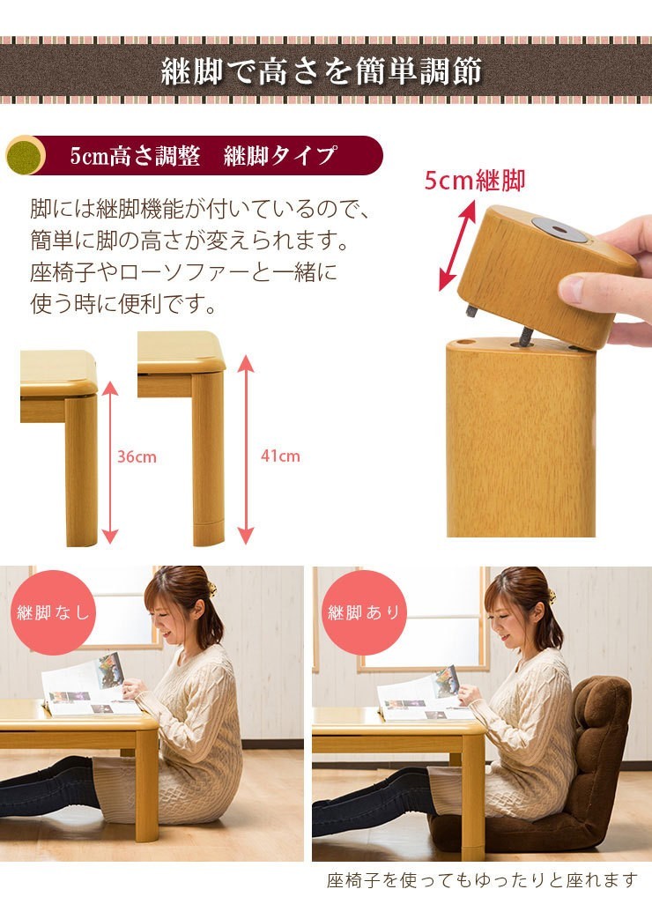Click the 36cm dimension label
pos(137,456)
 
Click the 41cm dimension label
pos(280,456)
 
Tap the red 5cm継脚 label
pos(474,181)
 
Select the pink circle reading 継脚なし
pos(53,612)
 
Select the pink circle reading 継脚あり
pos(364,612)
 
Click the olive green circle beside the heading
pos(26,155)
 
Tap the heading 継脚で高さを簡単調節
pos(322,70)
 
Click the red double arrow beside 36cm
pos(110,463)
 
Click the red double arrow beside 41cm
pos(246,449)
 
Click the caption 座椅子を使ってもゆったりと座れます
pos(482,880)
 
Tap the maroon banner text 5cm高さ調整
pos(135,156)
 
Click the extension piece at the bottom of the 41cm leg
pos(208,534)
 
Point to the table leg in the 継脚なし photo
pos(147,787)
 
